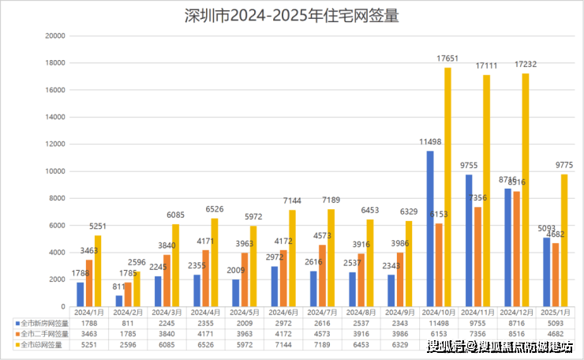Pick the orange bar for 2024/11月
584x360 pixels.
[477, 257]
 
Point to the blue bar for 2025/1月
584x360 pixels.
[547, 272]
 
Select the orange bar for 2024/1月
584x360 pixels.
[89, 283]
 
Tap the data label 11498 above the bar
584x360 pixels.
[431, 142]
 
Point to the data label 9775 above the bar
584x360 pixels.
[564, 165]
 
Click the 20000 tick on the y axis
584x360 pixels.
[54, 36]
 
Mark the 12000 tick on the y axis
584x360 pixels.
[54, 144]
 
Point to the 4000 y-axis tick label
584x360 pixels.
[57, 253]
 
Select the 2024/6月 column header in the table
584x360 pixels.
[283, 313]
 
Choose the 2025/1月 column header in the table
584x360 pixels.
[555, 313]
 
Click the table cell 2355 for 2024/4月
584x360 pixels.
[206, 323]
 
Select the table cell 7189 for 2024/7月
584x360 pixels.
[322, 345]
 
